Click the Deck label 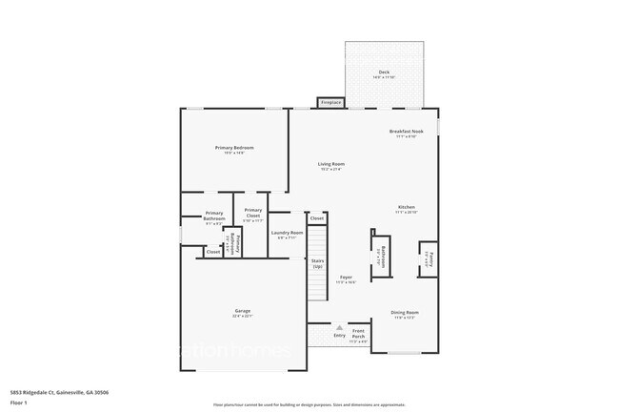click(384, 72)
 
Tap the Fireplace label click(330, 102)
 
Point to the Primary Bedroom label click(234, 148)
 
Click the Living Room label click(331, 164)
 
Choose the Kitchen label click(407, 208)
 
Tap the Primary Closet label click(253, 213)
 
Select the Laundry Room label click(287, 233)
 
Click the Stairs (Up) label click(317, 265)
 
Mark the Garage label click(243, 311)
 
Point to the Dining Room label click(405, 312)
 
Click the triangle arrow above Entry click(339, 327)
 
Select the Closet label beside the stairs click(317, 218)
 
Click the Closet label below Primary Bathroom click(213, 252)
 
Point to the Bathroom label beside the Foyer click(379, 256)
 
